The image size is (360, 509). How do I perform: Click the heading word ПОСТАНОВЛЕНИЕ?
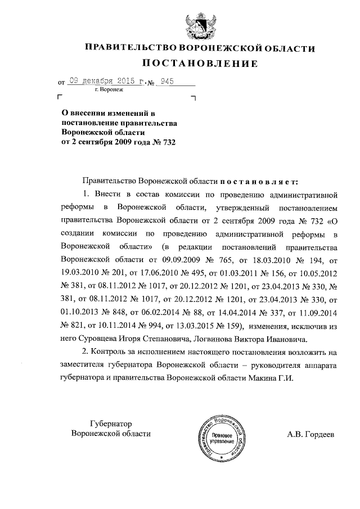(199, 64)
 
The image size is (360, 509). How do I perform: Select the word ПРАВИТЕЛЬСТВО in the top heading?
(129, 48)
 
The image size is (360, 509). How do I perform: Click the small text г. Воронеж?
(109, 89)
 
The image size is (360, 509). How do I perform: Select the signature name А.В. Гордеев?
(310, 434)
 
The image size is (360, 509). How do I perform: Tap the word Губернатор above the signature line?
(114, 424)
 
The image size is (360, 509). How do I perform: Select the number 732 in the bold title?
(165, 142)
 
